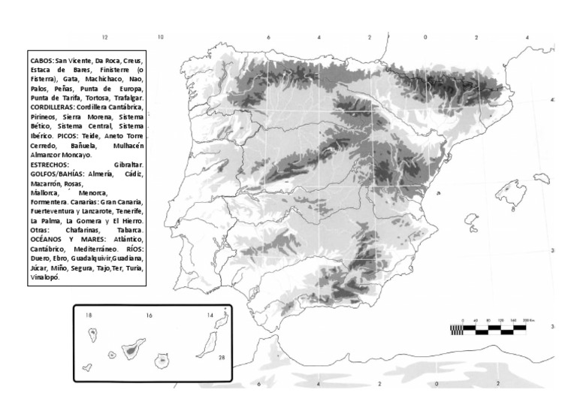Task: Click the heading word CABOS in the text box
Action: pos(42,59)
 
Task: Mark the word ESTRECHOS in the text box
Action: pos(50,164)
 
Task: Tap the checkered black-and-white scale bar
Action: pos(493,328)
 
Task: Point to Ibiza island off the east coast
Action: pos(471,220)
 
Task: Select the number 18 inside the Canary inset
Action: pos(89,316)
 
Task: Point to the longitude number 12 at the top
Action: pos(105,37)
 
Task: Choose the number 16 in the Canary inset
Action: pos(150,316)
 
